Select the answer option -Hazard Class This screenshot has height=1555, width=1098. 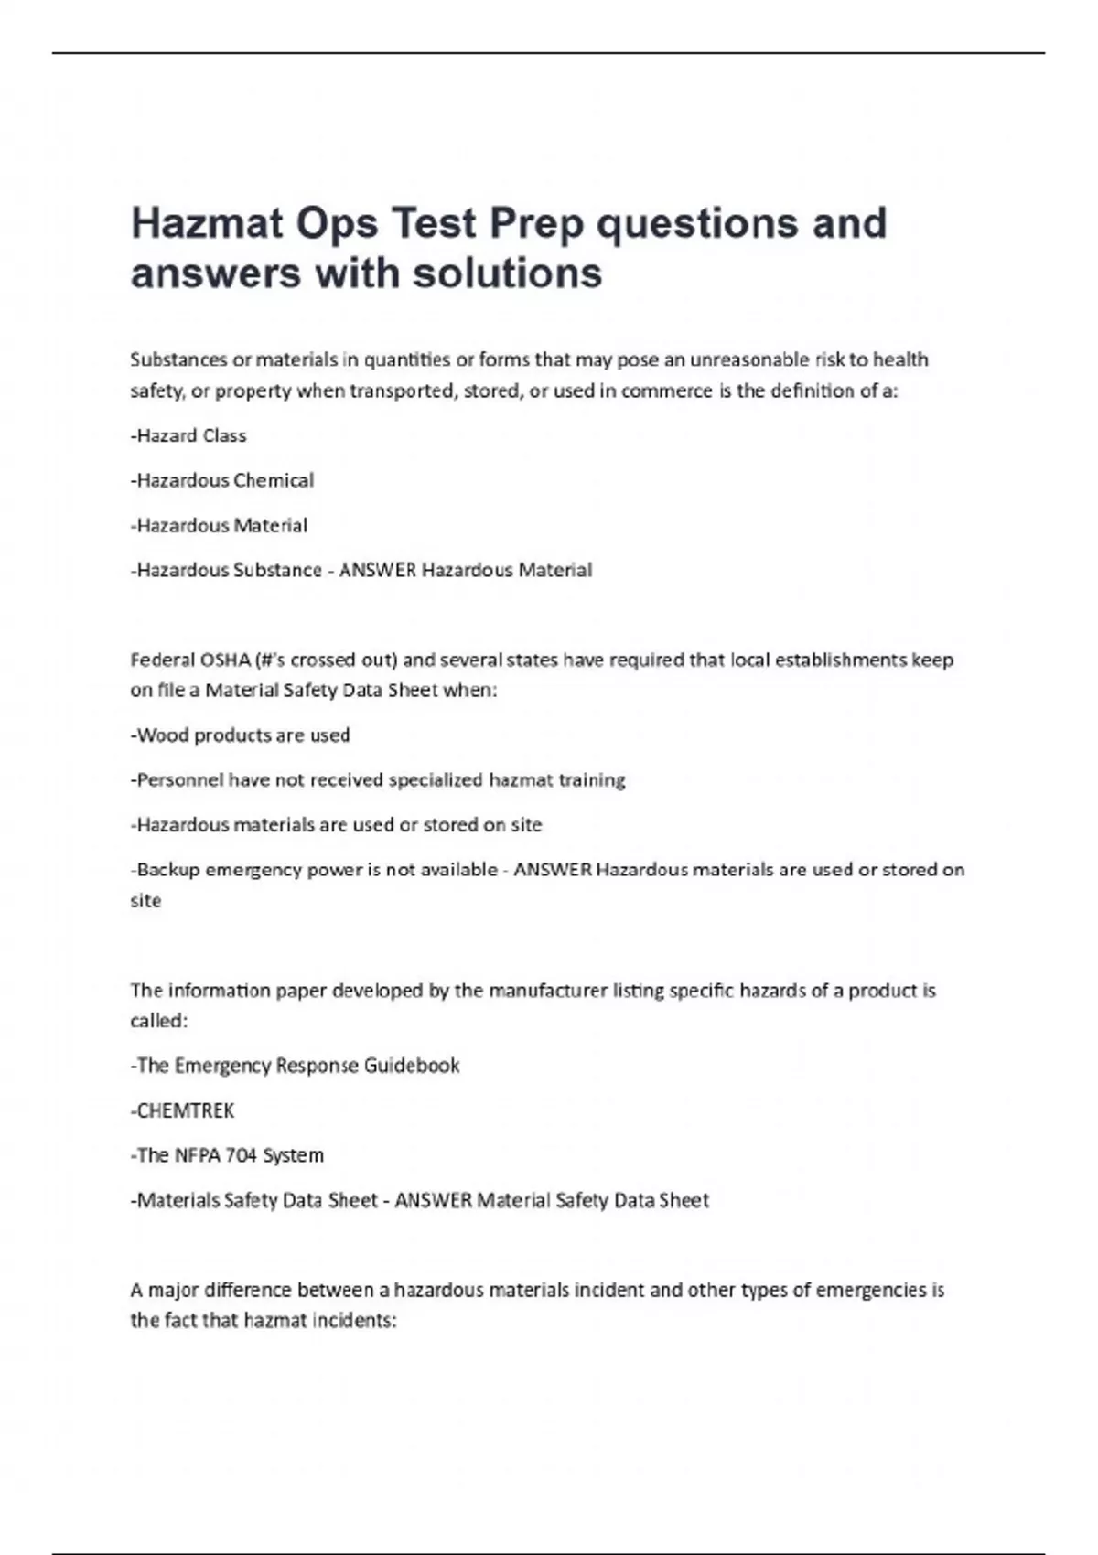click(188, 435)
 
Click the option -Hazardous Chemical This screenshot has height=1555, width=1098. click(222, 480)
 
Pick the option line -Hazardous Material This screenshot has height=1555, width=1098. click(219, 525)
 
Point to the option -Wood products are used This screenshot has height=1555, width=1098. click(240, 735)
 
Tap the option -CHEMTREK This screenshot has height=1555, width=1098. click(183, 1110)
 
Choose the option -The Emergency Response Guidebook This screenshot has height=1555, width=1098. click(295, 1066)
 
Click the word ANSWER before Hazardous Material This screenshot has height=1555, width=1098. click(377, 570)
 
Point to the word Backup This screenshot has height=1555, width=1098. click(168, 870)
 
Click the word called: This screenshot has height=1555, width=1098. click(158, 1021)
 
